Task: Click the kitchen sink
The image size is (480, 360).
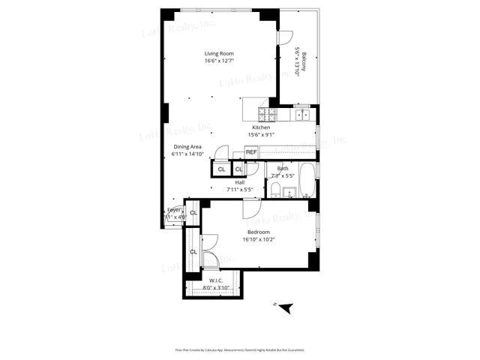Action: coord(302,115)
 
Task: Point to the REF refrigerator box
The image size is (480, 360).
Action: coord(251,152)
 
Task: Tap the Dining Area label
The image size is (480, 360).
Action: coord(188,146)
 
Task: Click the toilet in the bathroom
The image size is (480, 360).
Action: coord(275,189)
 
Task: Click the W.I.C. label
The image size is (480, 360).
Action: coord(217,280)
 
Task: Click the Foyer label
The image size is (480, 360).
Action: coord(174,210)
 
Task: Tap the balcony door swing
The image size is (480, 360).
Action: coord(284,37)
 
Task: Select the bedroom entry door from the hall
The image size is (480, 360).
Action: coord(251,209)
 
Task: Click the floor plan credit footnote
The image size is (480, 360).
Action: coord(239,349)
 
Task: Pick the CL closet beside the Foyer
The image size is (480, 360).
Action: coord(193,213)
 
